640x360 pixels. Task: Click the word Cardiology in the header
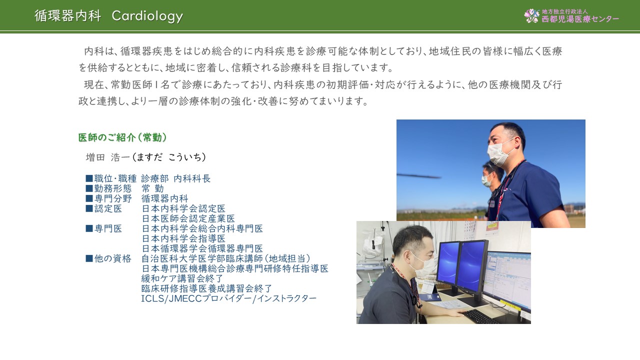147,16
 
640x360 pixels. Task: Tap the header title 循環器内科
67,15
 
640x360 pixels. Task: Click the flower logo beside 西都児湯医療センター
531,16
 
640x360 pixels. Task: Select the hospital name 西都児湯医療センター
580,19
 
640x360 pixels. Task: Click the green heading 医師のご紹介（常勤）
122,137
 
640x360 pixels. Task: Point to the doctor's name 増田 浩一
107,157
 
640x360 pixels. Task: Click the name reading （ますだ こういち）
169,157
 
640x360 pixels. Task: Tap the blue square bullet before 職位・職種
89,178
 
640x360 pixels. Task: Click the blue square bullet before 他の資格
89,258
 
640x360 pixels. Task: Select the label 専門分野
113,198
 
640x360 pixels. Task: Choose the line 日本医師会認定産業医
188,218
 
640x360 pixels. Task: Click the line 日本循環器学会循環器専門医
202,248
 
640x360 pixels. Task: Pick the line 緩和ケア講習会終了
182,278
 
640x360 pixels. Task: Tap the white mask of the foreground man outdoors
499,153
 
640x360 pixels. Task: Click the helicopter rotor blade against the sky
419,175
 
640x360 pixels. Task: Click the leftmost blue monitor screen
447,263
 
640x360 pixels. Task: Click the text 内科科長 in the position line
192,178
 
